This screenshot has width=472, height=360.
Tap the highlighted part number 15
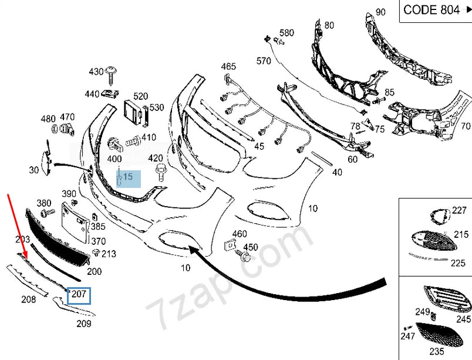[x=127, y=176]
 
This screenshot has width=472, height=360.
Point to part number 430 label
[x=96, y=72]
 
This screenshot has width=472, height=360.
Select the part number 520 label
[x=140, y=96]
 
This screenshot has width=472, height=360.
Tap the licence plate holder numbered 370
[x=75, y=220]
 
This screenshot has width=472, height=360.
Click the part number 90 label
[x=380, y=12]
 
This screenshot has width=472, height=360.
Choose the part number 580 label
[x=286, y=33]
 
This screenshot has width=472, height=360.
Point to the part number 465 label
[x=228, y=66]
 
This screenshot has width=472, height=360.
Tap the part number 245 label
[x=464, y=319]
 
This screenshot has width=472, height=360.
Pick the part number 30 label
[x=33, y=170]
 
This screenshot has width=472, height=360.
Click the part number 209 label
[x=83, y=323]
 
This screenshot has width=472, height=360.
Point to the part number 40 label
[x=336, y=173]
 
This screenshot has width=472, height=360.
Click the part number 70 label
[x=465, y=126]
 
